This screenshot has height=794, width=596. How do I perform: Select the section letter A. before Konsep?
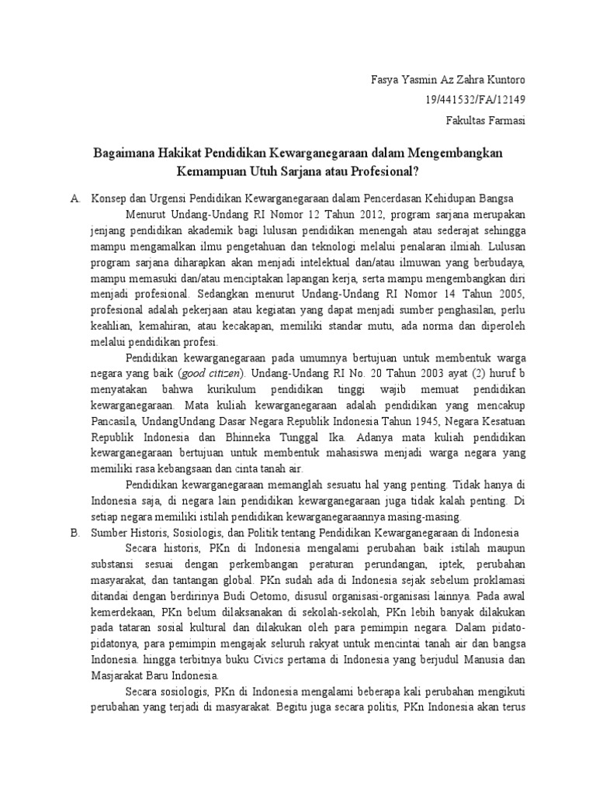click(75, 199)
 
